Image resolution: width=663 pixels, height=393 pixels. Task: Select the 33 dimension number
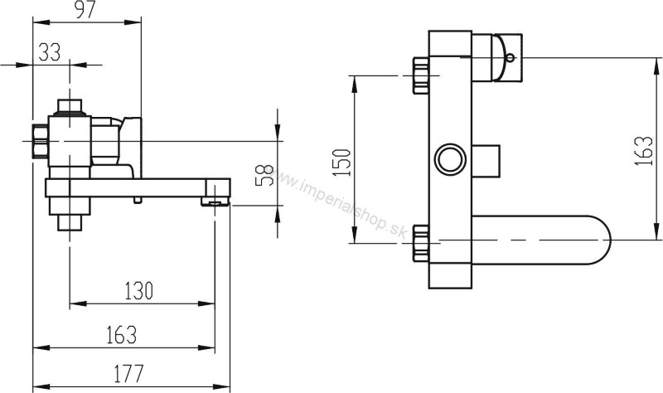(50, 53)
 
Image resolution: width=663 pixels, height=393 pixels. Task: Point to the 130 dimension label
(138, 291)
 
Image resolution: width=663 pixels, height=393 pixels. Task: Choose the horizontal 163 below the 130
(121, 335)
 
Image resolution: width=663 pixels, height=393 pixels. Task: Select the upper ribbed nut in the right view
(419, 75)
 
